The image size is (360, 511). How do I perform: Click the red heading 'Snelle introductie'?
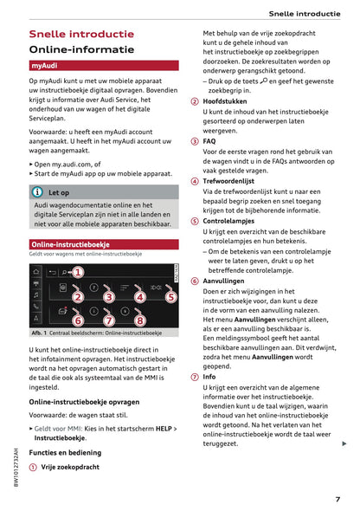coord(81,34)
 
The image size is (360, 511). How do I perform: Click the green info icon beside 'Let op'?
coord(37,192)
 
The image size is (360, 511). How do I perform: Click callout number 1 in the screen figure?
coord(77,272)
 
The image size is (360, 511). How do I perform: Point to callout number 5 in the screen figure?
coord(170,296)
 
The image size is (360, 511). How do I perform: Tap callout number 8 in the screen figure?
coord(140,320)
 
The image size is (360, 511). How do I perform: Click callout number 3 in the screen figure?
coord(108,297)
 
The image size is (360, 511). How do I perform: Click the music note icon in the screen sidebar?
coord(36,306)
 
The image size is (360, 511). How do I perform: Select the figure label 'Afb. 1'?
coord(39,333)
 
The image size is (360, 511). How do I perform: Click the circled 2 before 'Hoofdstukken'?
coord(195,100)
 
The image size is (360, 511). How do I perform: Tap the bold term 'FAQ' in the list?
coord(209,140)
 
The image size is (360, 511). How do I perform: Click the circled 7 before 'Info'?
coord(195,377)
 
